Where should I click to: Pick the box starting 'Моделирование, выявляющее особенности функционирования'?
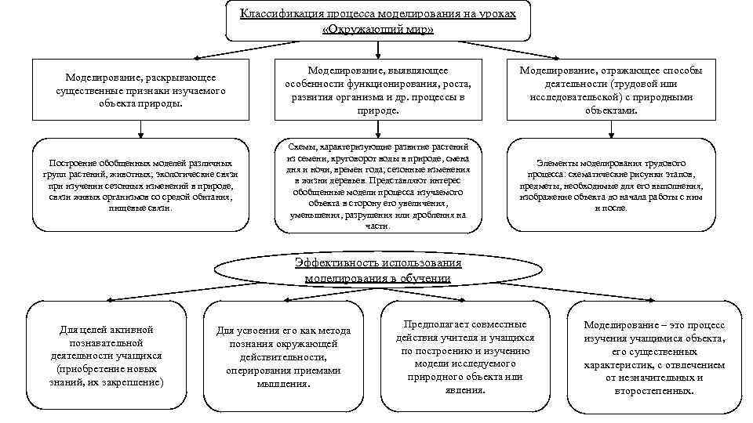pyautogui.click(x=376, y=91)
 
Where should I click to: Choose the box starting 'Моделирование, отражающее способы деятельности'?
pyautogui.click(x=612, y=91)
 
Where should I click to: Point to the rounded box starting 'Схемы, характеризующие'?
pyautogui.click(x=376, y=186)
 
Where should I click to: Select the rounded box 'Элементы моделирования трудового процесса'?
pyautogui.click(x=612, y=186)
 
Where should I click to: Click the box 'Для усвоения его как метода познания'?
pyautogui.click(x=284, y=357)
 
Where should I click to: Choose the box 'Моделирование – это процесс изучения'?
pyautogui.click(x=654, y=356)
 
